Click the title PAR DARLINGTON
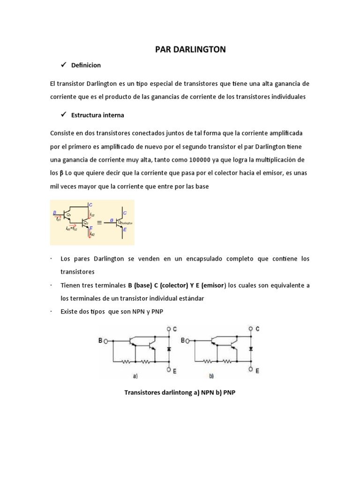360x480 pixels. coord(190,49)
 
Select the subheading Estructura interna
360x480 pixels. coord(97,115)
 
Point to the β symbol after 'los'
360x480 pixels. coord(61,173)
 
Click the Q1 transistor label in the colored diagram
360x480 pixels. coord(68,214)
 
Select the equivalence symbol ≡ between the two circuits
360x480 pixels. coord(99,223)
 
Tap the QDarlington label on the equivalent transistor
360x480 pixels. coord(125,224)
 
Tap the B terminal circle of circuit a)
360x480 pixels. coord(106,341)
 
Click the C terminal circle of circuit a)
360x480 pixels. coord(169,329)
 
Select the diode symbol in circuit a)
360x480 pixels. coord(169,349)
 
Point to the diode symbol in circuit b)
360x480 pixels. coord(251,349)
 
